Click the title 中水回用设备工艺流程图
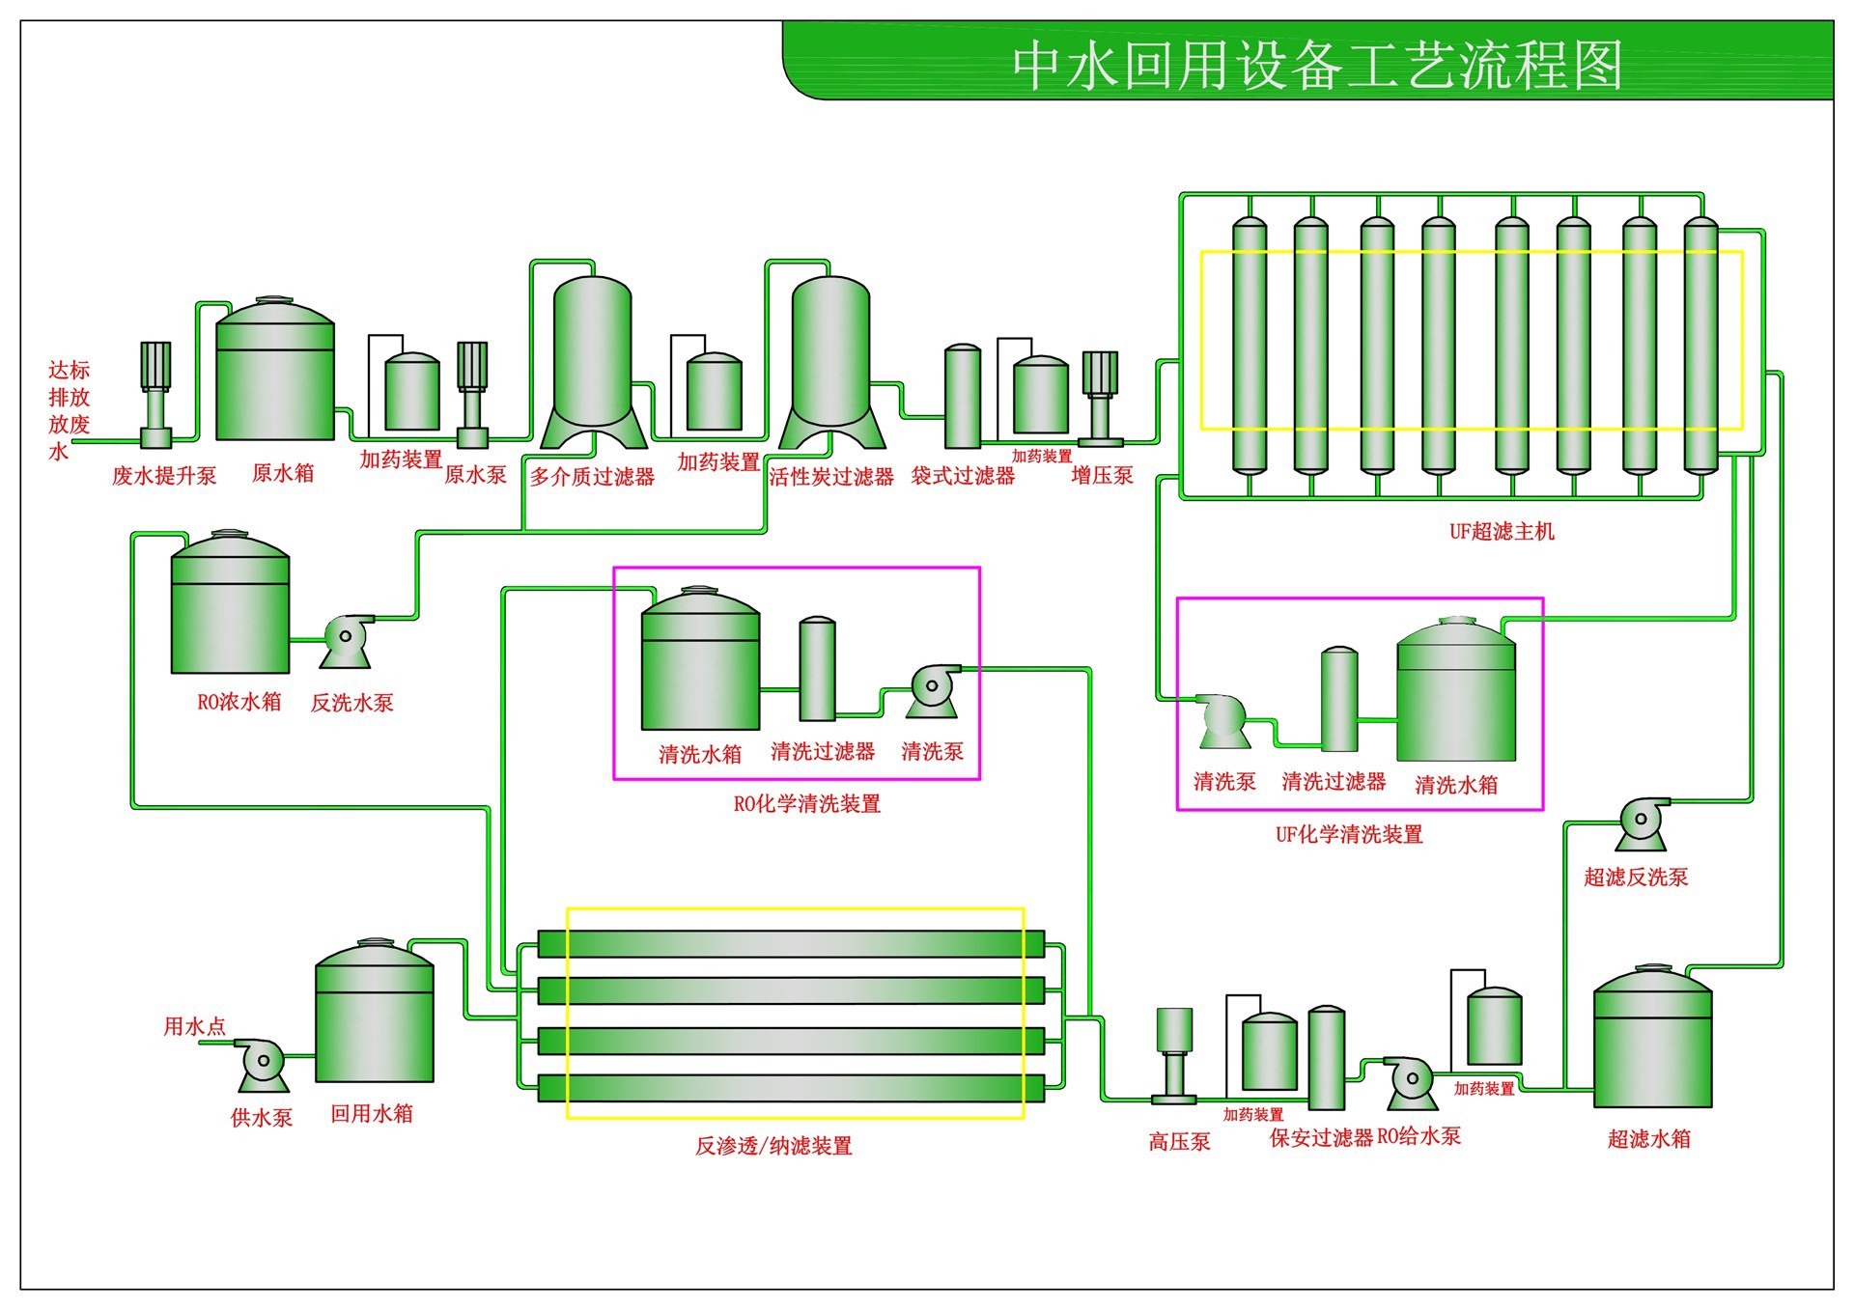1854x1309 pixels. point(1317,66)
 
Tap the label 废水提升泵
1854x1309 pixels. point(164,475)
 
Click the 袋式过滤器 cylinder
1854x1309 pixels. point(962,398)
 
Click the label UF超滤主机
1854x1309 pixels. point(1502,531)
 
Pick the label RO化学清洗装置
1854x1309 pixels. point(807,803)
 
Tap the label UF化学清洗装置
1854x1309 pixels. point(1349,834)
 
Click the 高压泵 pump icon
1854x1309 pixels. point(1174,1057)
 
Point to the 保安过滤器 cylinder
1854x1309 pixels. point(1326,1059)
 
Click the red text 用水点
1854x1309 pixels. point(194,1026)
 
